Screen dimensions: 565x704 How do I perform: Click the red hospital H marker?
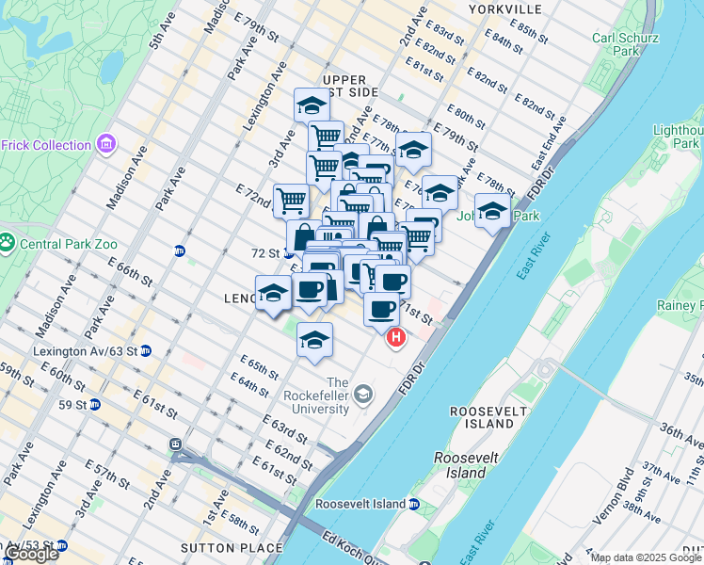point(396,337)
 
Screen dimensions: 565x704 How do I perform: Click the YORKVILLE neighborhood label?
point(509,9)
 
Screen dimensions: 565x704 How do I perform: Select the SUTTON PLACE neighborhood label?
point(235,547)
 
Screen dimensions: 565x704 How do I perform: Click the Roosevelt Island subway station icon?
point(413,504)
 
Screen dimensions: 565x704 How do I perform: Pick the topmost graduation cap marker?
point(311,105)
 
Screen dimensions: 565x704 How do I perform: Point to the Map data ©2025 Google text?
point(647,557)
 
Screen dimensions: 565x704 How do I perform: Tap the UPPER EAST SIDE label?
point(349,85)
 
